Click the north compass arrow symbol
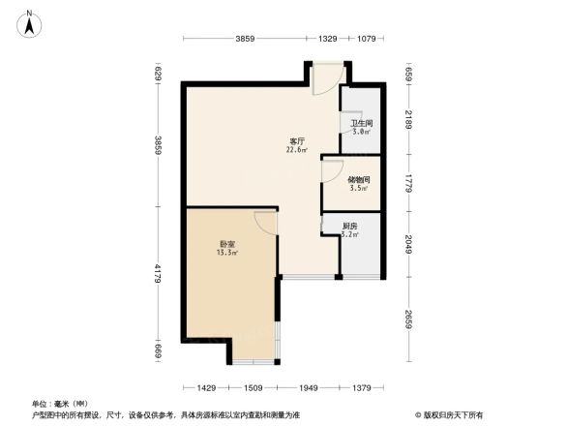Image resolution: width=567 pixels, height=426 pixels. click(30, 21)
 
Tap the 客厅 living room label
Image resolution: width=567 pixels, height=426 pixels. click(297, 140)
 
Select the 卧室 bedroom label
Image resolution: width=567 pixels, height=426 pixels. click(227, 244)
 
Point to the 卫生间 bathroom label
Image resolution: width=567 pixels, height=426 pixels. click(361, 124)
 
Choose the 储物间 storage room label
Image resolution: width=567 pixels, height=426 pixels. click(359, 179)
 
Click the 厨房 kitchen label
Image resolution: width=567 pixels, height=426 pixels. click(350, 227)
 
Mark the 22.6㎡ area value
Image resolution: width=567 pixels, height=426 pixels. click(297, 150)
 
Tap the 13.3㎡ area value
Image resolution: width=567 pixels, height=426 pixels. click(227, 254)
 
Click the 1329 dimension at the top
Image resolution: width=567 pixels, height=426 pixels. click(328, 39)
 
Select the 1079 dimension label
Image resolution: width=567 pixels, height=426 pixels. click(367, 39)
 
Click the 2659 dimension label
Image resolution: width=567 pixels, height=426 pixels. click(409, 319)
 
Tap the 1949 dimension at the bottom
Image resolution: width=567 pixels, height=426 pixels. click(309, 387)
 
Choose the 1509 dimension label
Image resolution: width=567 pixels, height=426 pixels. click(254, 387)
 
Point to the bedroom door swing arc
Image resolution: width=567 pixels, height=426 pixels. click(266, 220)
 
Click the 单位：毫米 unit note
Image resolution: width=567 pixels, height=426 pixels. click(60, 403)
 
